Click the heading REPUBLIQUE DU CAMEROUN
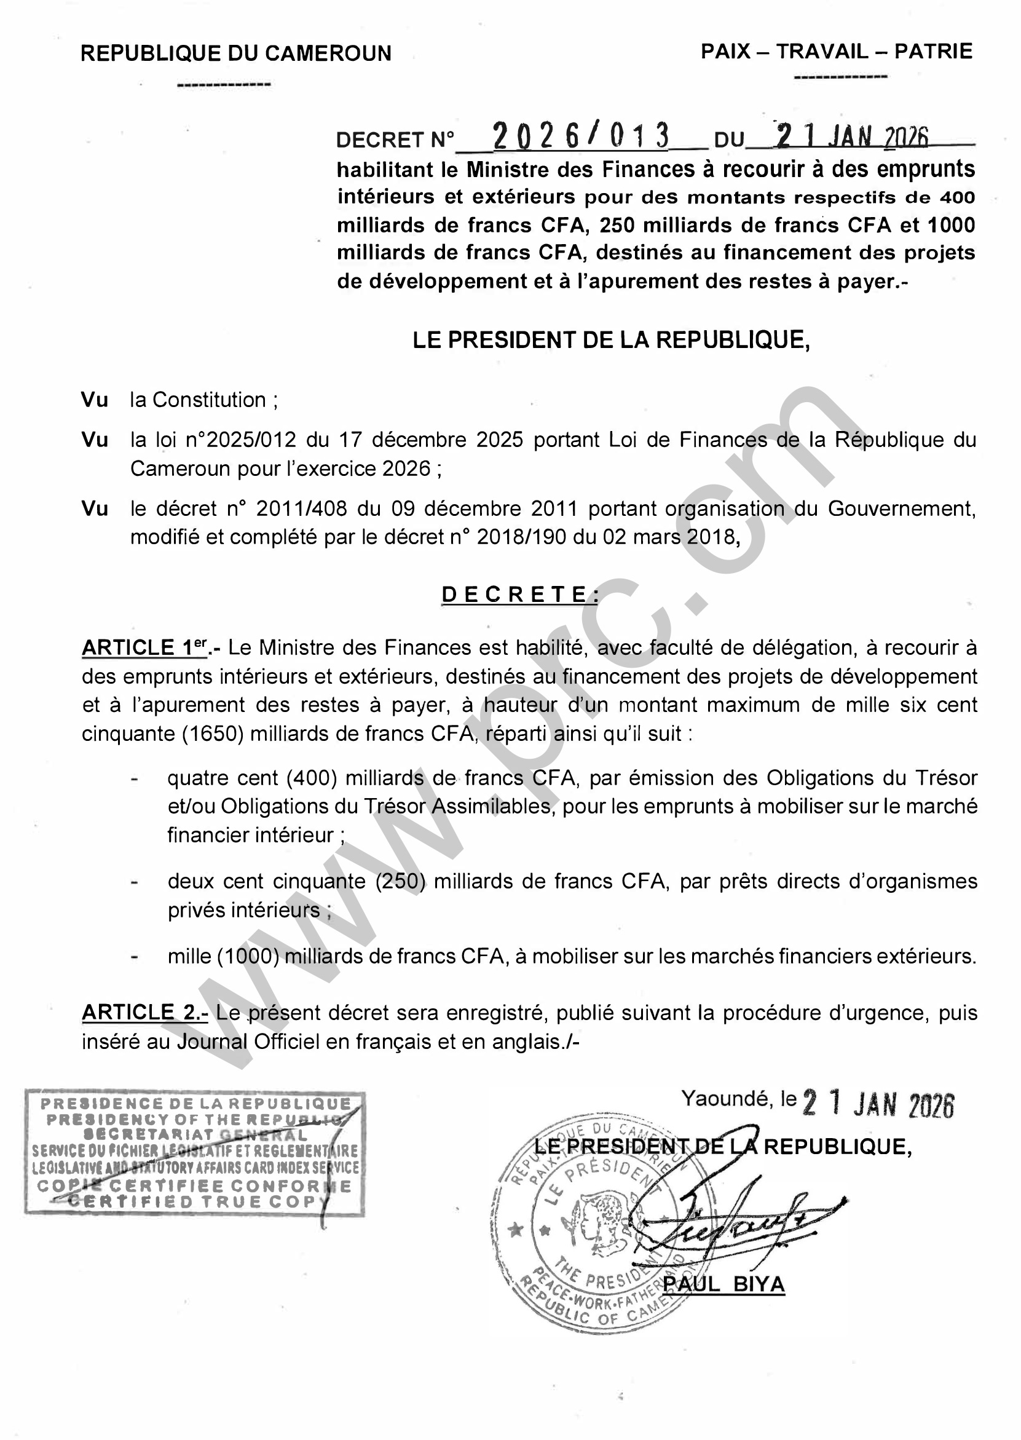[236, 54]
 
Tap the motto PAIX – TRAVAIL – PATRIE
[836, 52]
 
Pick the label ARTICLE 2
[144, 1013]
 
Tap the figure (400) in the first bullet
[312, 778]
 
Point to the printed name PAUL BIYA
[723, 1283]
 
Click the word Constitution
[209, 400]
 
